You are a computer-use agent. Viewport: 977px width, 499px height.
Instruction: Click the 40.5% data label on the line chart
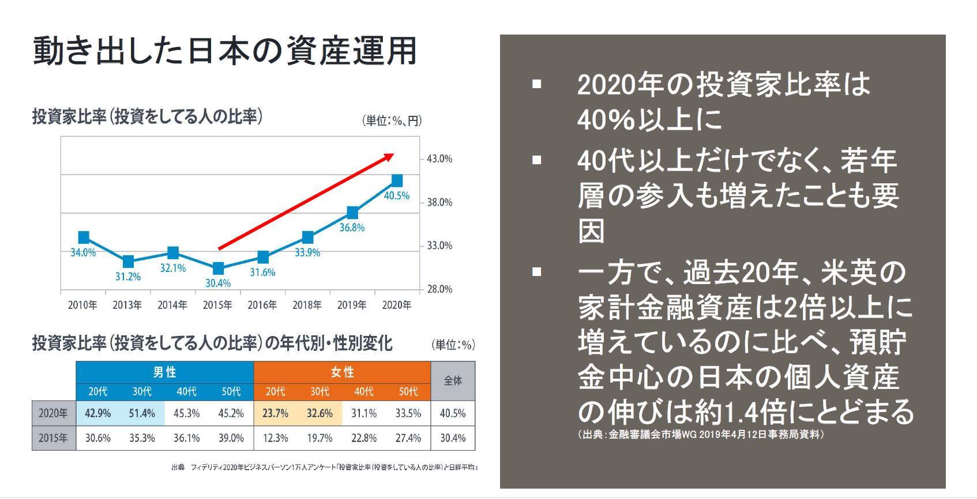tap(396, 196)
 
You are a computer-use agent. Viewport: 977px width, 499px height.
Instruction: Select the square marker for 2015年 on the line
tap(218, 269)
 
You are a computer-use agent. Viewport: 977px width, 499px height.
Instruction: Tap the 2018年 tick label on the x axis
tap(307, 305)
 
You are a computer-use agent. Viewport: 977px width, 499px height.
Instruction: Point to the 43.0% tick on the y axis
tap(439, 159)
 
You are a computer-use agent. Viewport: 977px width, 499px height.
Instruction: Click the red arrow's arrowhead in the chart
tap(389, 156)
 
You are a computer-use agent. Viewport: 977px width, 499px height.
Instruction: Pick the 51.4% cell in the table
tap(142, 414)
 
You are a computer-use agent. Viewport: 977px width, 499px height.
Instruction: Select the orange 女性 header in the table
tap(342, 372)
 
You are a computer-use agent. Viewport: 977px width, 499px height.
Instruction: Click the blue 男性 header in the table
tap(164, 372)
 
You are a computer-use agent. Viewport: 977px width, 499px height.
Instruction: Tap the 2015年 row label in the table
tap(53, 438)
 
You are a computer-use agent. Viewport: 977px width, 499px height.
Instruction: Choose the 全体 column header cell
tap(453, 381)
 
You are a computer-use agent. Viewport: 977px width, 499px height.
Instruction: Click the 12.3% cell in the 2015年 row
tap(275, 438)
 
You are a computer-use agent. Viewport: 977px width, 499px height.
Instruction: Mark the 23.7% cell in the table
tap(275, 414)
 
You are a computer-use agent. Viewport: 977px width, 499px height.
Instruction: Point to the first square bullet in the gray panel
tap(537, 85)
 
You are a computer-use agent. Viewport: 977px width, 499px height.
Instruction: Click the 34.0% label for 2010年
tap(83, 252)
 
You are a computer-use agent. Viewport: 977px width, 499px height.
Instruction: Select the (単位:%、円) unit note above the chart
tap(392, 120)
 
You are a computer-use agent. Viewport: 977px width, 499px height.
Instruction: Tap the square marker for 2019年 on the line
tap(352, 213)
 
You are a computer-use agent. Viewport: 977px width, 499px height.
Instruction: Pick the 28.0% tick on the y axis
tap(439, 289)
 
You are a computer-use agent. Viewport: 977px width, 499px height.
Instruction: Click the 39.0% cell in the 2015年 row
tap(231, 438)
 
